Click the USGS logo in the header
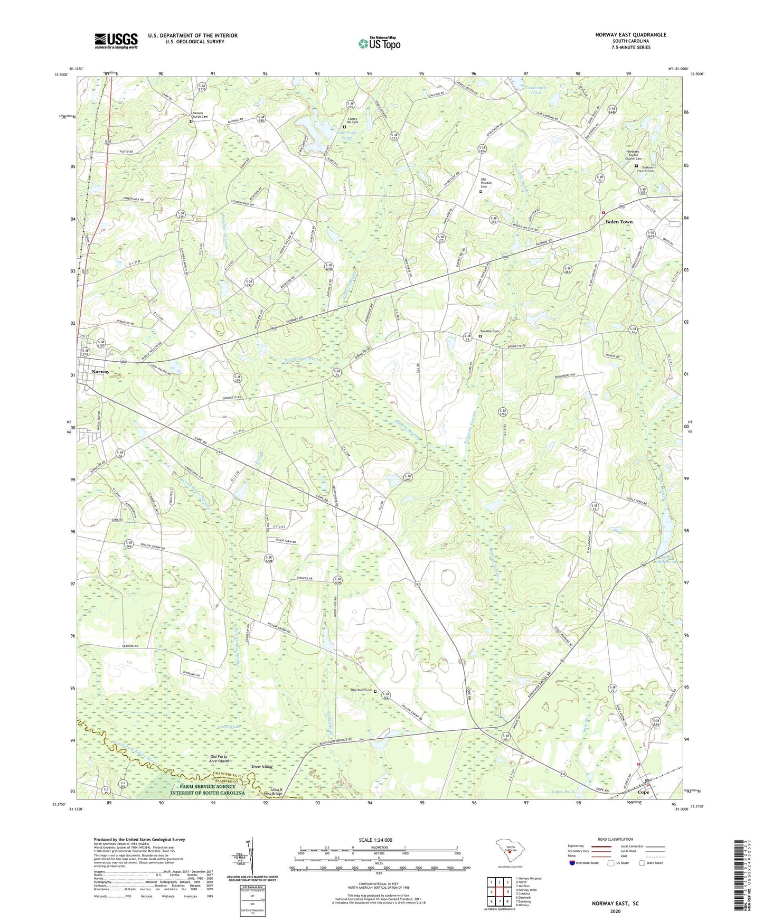116,41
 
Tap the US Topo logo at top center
379,43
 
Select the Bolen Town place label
619,222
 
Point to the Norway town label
100,372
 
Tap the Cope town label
643,792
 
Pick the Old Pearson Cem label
486,183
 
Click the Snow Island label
262,766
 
